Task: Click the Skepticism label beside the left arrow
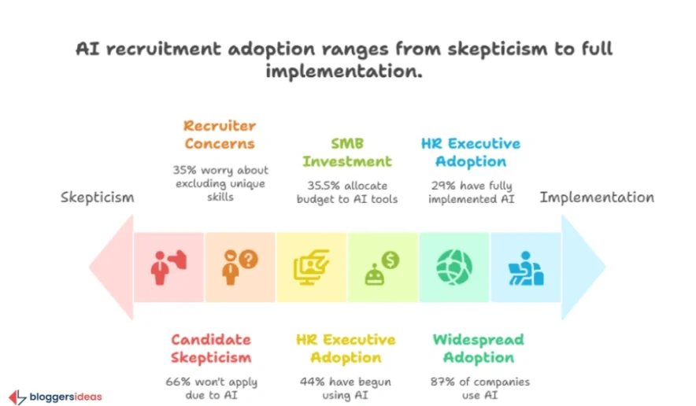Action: (98, 197)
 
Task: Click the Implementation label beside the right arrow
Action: (597, 197)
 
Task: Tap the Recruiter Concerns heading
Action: (220, 135)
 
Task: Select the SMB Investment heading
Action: (347, 153)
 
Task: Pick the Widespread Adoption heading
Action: (478, 349)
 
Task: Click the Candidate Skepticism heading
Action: (212, 349)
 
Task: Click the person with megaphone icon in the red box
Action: (168, 268)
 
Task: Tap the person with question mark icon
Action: (239, 268)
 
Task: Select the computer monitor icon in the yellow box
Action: (310, 268)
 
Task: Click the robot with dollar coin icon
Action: (382, 268)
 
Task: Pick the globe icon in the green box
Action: (454, 268)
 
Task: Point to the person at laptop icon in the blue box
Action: (525, 268)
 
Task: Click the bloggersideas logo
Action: (56, 397)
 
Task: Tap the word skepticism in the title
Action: (480, 49)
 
